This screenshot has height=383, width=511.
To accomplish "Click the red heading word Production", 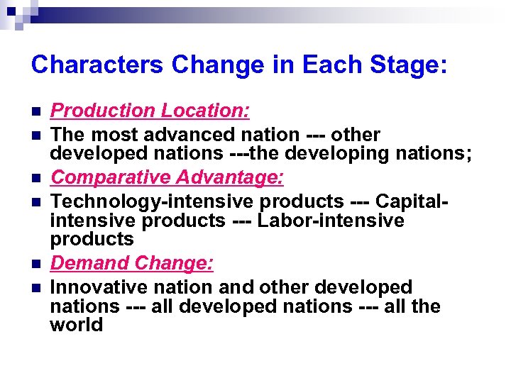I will (103, 111).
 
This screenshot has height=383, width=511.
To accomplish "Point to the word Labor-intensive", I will (331, 221).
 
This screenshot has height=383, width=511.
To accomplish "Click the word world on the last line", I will (77, 325).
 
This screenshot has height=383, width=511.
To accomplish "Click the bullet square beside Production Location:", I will (35, 112).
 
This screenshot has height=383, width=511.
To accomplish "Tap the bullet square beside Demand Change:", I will (35, 265).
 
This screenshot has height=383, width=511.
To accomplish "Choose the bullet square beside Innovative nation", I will (35, 289).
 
